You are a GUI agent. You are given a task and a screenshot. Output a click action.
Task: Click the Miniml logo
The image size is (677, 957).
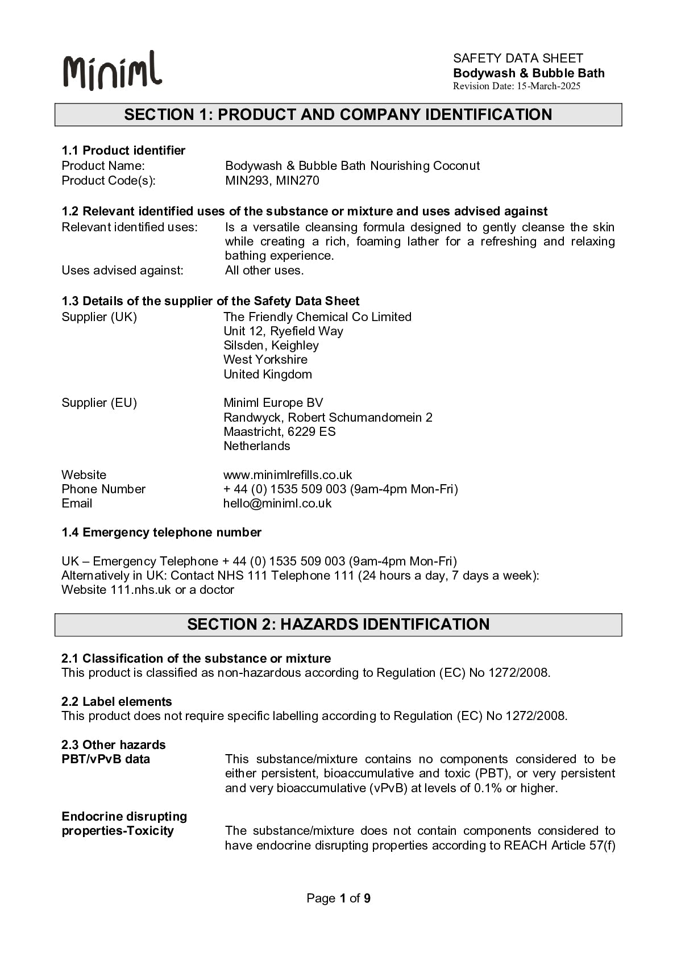tap(113, 70)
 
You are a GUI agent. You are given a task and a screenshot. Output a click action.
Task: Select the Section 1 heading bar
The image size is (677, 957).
tap(338, 114)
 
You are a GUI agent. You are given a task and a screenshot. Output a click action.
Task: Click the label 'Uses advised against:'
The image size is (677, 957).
tap(122, 271)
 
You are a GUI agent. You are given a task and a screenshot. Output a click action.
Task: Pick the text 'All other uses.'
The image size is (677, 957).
tap(264, 271)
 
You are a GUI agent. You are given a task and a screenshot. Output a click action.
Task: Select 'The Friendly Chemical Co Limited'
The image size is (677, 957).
tap(317, 317)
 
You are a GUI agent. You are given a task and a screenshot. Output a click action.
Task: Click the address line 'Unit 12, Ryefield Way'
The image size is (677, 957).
tap(283, 331)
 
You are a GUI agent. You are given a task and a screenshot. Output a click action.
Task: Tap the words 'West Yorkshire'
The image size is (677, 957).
tap(265, 360)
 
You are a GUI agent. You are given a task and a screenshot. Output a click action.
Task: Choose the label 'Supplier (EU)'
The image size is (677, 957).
tap(99, 403)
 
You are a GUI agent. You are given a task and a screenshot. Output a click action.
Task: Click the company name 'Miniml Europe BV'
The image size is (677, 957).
tap(273, 403)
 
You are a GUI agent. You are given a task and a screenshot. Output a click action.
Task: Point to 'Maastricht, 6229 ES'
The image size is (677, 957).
tap(280, 432)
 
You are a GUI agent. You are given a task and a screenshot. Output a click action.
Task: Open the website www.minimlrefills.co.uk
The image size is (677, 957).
tap(288, 475)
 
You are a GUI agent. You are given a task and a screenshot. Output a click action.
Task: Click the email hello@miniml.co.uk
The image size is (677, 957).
tap(277, 504)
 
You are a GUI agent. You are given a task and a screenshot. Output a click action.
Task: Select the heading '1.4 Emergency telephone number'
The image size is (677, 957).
tap(161, 532)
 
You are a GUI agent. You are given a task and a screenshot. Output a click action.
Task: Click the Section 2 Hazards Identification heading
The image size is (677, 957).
tap(338, 625)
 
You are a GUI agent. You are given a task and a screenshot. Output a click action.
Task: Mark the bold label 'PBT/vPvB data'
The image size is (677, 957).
tap(106, 759)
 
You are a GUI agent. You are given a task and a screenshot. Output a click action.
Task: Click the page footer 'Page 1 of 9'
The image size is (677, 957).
tap(338, 898)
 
